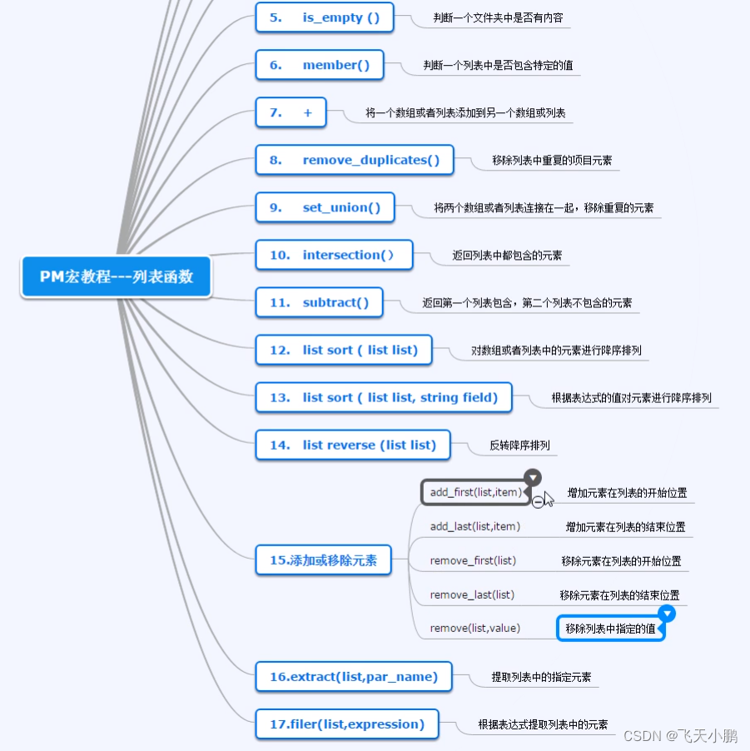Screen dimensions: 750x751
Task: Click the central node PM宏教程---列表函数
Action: (x=117, y=277)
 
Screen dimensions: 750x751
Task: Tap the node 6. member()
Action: (x=320, y=65)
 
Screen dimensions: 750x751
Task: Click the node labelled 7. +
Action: (x=291, y=112)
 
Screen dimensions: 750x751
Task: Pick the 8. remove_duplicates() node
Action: (x=354, y=160)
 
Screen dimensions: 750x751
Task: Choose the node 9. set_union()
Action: (x=325, y=207)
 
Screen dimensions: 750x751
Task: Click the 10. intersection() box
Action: (x=334, y=255)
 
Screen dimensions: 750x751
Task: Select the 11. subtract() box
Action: (x=319, y=302)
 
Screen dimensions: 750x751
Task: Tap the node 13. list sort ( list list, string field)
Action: (x=383, y=397)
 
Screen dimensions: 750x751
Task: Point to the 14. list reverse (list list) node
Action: (x=352, y=445)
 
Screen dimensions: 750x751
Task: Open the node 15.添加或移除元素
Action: (x=323, y=560)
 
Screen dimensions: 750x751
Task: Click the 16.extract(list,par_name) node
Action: (x=353, y=677)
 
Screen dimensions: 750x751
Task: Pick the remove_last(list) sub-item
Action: (x=472, y=594)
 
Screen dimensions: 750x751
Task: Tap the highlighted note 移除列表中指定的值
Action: (x=610, y=629)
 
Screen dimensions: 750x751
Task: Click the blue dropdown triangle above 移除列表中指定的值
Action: (x=667, y=614)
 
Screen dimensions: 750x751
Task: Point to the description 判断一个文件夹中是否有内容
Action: (x=490, y=17)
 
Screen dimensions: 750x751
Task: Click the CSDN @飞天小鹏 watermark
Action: (x=680, y=736)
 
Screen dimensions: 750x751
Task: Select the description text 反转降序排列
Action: (x=519, y=445)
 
